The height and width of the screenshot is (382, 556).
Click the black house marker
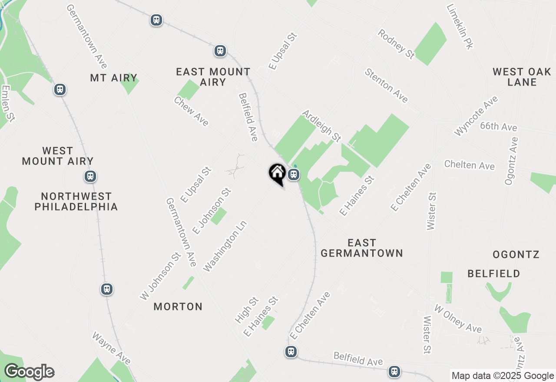pos(277,173)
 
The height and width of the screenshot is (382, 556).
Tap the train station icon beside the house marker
pos(294,175)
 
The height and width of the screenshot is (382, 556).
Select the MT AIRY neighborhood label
pos(114,78)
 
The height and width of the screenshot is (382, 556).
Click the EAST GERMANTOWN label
pos(362,248)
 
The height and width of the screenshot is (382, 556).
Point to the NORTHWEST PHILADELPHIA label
pos(76,201)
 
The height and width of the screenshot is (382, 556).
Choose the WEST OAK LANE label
pos(522,77)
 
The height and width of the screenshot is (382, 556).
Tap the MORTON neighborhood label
pos(178,306)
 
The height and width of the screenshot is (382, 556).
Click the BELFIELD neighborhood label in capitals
pos(493,273)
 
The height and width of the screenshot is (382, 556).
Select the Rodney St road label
pos(396,44)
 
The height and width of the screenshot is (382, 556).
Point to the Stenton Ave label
pos(386,86)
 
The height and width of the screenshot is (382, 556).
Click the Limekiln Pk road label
pos(460,27)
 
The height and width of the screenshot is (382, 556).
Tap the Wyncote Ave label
pos(476,116)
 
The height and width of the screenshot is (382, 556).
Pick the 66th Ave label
pos(499,127)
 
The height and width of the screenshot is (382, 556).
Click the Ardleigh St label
pos(321,125)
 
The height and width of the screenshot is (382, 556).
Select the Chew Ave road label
pos(191,111)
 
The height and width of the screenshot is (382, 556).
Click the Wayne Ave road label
pos(111,348)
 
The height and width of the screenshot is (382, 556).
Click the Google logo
pos(29,372)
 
